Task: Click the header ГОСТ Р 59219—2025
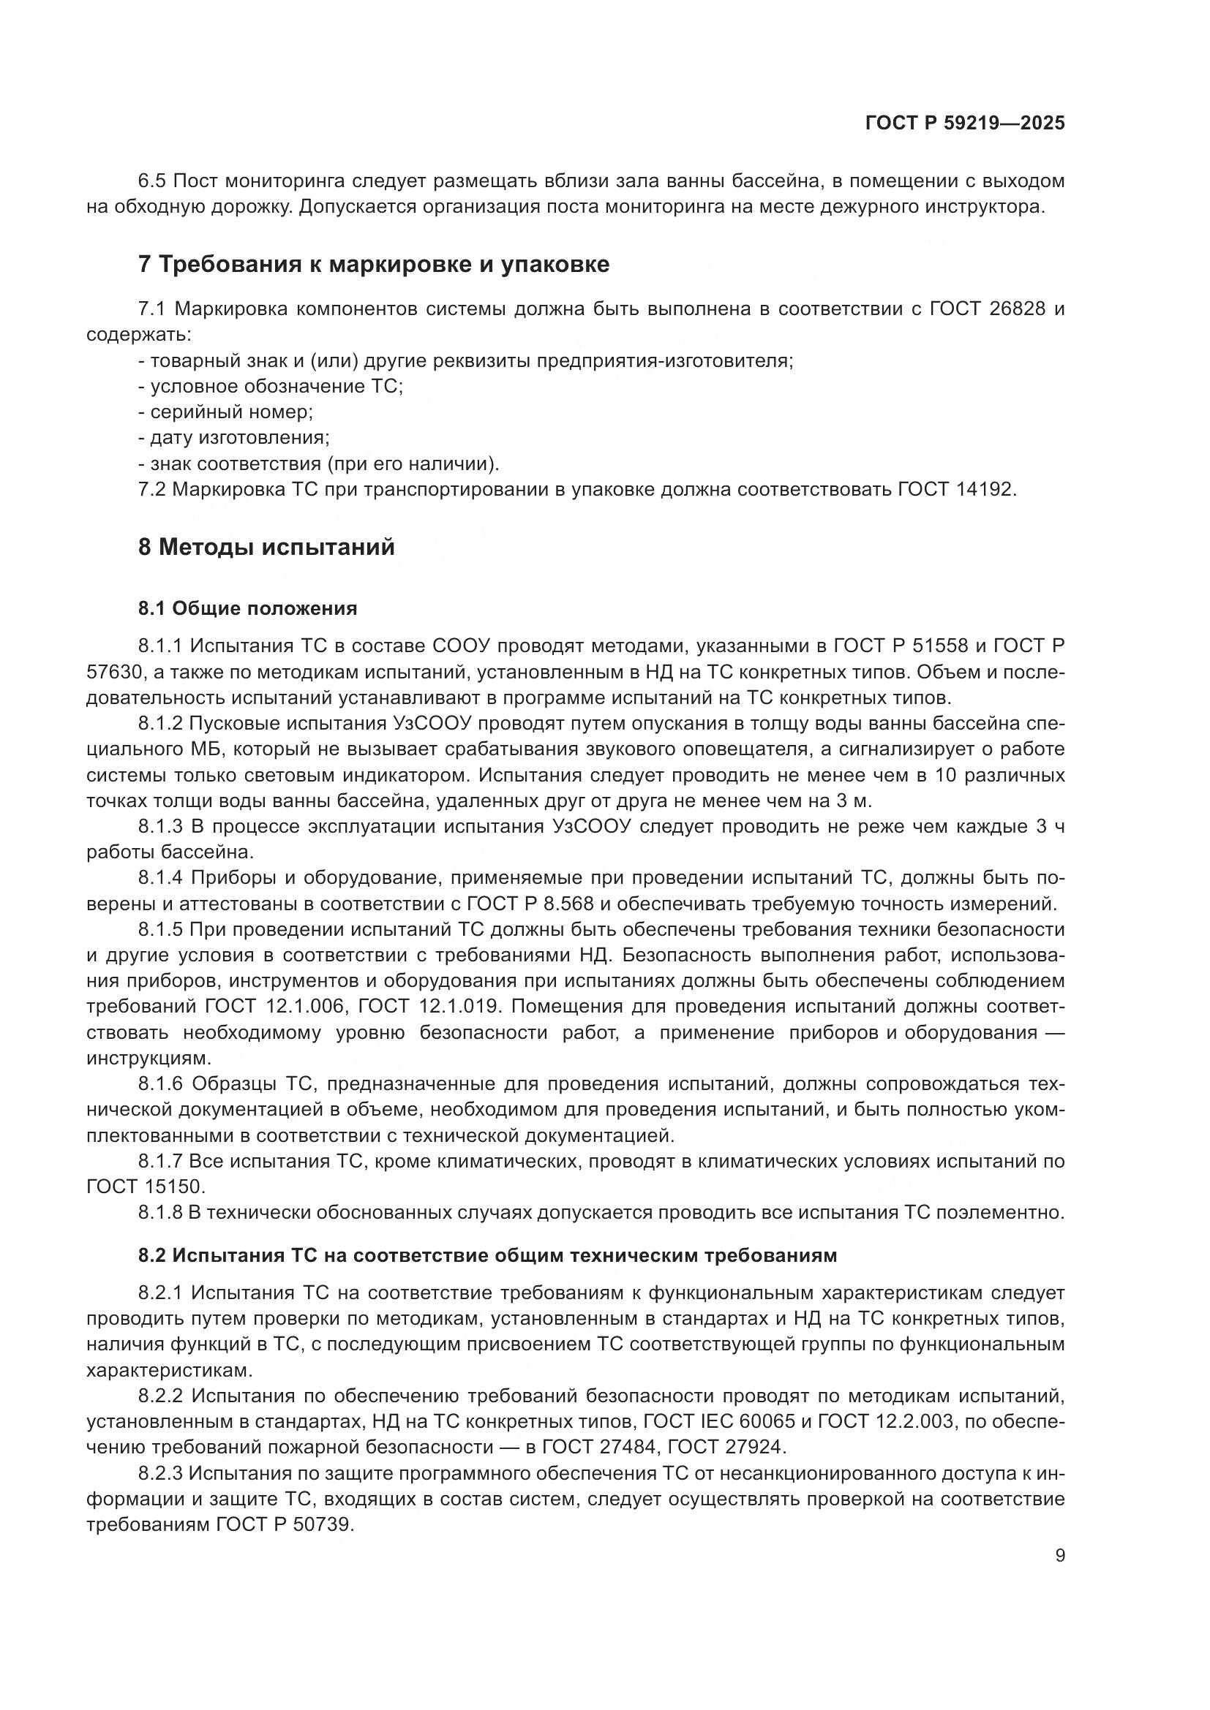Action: pyautogui.click(x=965, y=124)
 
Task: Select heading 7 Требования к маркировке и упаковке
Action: pyautogui.click(x=373, y=265)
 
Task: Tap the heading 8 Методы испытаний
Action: pyautogui.click(x=266, y=548)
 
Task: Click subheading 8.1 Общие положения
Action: pyautogui.click(x=247, y=608)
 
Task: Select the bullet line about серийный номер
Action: pyautogui.click(x=226, y=412)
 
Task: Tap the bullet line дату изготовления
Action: pyautogui.click(x=234, y=438)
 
